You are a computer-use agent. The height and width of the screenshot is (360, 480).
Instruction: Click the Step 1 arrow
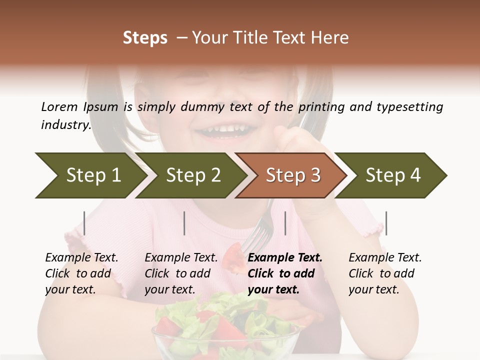pyautogui.click(x=90, y=175)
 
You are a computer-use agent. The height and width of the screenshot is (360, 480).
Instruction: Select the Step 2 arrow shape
pyautogui.click(x=192, y=175)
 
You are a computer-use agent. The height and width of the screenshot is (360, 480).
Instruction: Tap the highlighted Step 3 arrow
pyautogui.click(x=292, y=175)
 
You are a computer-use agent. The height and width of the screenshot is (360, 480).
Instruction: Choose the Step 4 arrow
pyautogui.click(x=392, y=175)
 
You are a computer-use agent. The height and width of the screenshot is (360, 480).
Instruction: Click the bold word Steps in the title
pyautogui.click(x=145, y=38)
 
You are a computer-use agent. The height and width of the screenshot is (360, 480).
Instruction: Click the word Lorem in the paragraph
pyautogui.click(x=59, y=106)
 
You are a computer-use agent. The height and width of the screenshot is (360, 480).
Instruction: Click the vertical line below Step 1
pyautogui.click(x=84, y=223)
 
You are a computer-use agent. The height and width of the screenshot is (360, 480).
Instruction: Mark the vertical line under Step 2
pyautogui.click(x=184, y=223)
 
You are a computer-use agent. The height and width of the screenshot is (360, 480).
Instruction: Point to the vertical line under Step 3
pyautogui.click(x=285, y=223)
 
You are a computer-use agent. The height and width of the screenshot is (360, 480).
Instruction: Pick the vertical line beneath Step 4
pyautogui.click(x=386, y=223)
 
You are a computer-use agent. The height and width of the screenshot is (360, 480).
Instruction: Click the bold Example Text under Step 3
pyautogui.click(x=285, y=257)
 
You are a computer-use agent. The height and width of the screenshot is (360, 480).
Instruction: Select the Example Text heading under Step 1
pyautogui.click(x=81, y=257)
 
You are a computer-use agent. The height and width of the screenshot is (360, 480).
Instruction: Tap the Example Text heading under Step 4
pyautogui.click(x=385, y=257)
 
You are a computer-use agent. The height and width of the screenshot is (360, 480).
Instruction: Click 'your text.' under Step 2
pyautogui.click(x=170, y=289)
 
